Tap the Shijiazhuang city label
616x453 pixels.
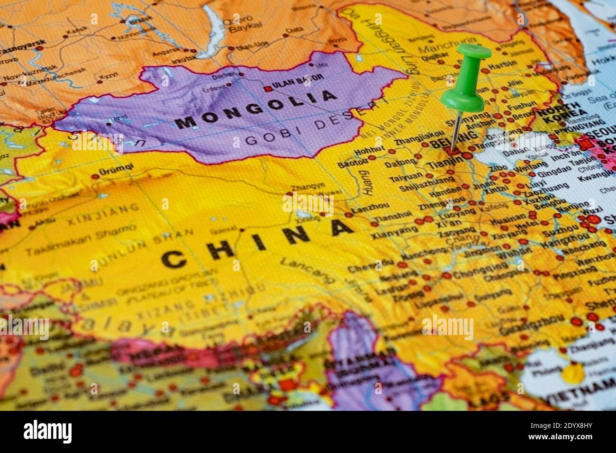point(425,186)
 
